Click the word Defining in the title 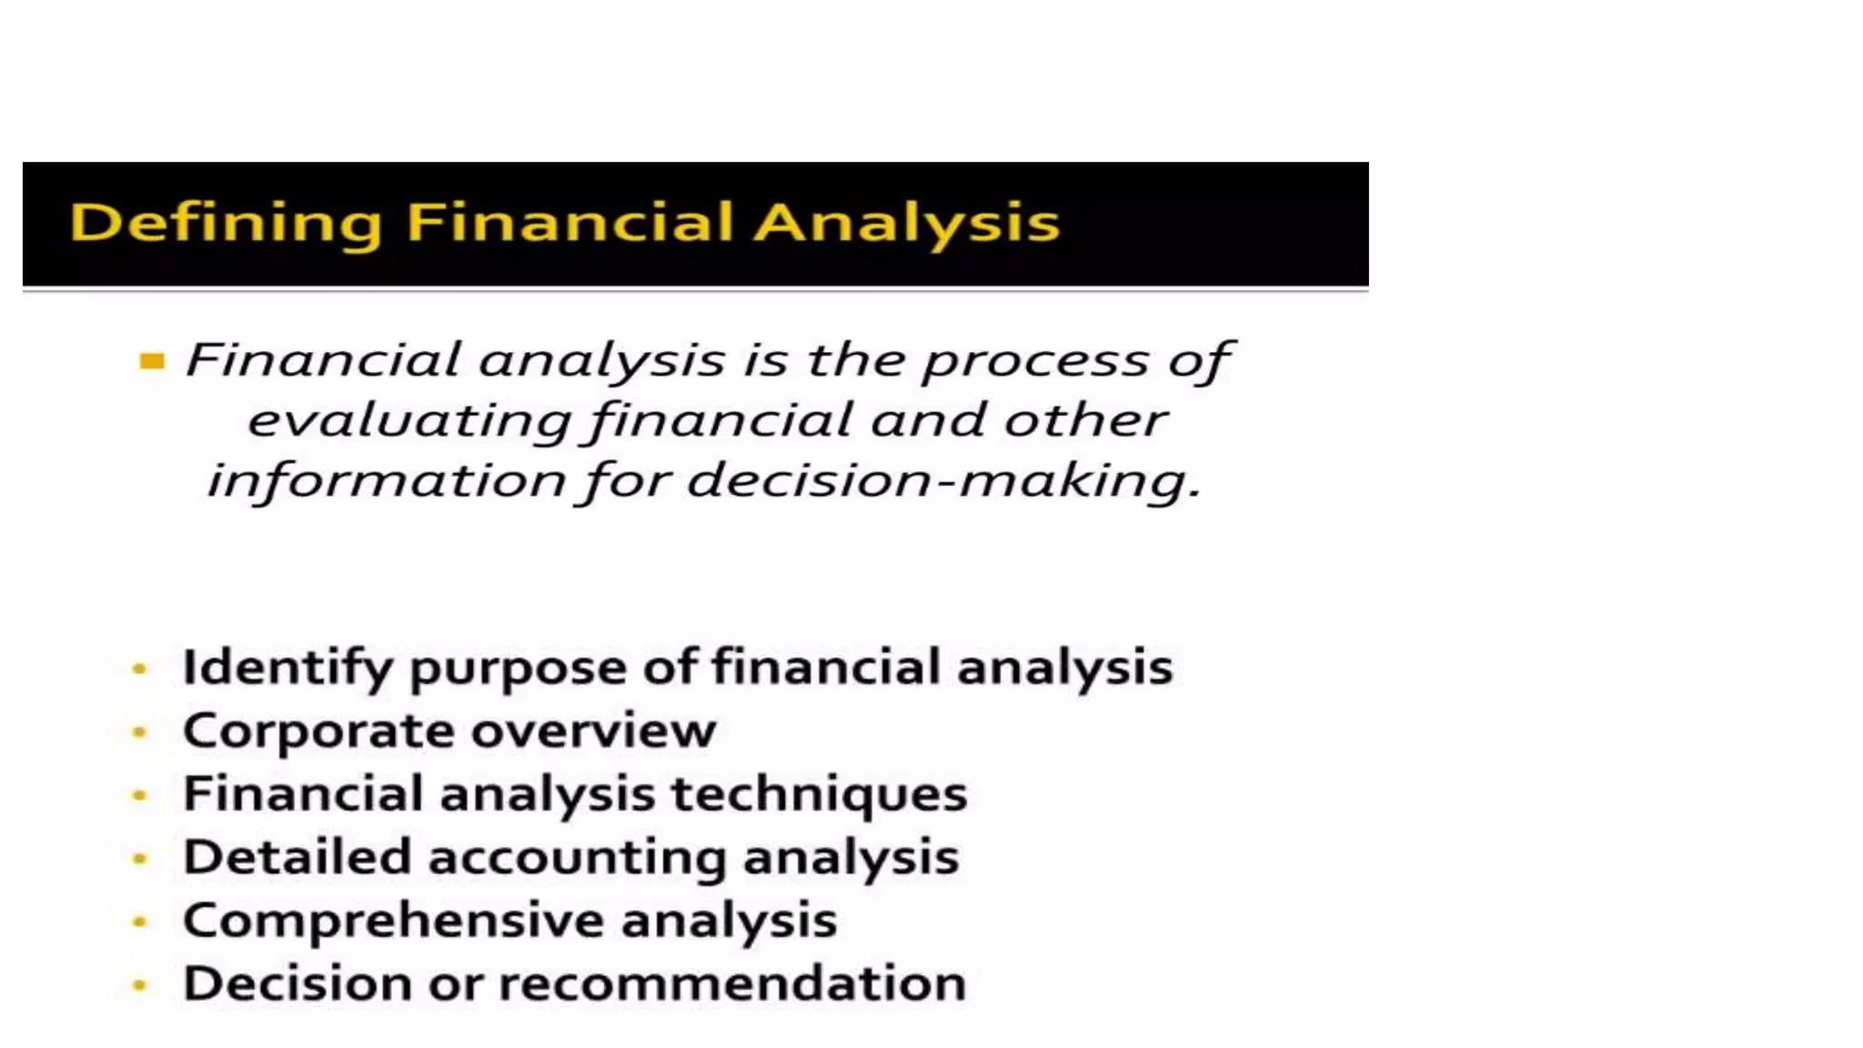point(226,223)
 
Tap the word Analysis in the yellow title point(907,223)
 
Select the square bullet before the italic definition point(152,362)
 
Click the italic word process point(1035,361)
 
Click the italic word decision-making point(943,480)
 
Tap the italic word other point(1084,420)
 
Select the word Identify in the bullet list point(287,669)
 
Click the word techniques point(819,795)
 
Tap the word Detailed point(297,857)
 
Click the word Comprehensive point(393,921)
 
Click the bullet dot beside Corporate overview point(139,731)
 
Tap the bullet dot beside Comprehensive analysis point(139,922)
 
